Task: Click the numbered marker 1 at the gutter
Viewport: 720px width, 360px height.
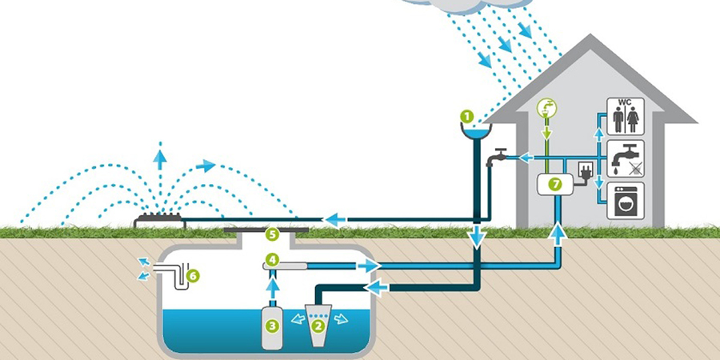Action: tap(466, 116)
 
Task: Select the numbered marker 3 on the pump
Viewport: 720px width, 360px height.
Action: tap(272, 325)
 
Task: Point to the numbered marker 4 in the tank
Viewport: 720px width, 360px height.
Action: tap(272, 260)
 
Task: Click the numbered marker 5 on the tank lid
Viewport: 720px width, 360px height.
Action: tap(272, 234)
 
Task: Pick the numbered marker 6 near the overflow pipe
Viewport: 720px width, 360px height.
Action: tap(192, 276)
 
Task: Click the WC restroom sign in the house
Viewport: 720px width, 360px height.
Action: tap(624, 117)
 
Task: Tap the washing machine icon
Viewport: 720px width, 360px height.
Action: tap(624, 201)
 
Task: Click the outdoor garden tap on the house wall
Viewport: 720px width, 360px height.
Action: tap(499, 155)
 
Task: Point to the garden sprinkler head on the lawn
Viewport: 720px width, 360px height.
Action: tap(161, 214)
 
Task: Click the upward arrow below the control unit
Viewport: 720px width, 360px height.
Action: tap(558, 232)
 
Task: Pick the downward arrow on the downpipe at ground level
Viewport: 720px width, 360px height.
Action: tap(478, 237)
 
